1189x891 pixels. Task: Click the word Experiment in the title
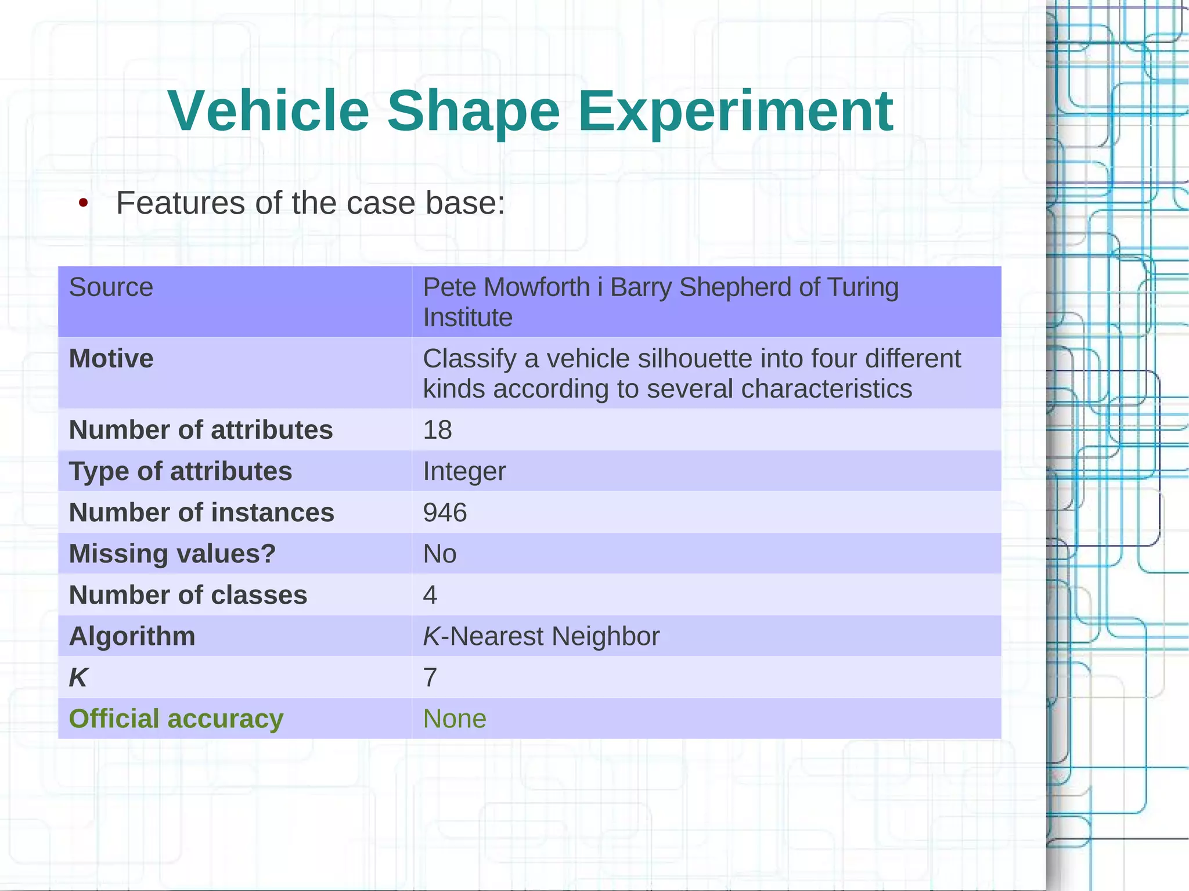tap(735, 111)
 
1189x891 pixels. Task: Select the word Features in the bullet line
tap(181, 203)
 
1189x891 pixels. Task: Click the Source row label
tap(111, 287)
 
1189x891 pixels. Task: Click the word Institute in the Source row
tap(467, 318)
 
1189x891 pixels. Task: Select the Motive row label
tap(111, 359)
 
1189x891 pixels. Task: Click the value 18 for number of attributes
tap(437, 430)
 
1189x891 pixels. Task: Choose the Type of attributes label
tap(180, 471)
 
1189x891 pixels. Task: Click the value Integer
tap(464, 471)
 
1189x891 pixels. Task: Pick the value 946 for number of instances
tap(445, 513)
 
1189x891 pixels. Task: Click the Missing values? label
tap(172, 554)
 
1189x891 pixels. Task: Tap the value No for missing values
tap(439, 554)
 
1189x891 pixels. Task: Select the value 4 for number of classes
tap(430, 595)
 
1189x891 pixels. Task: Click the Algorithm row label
tap(132, 636)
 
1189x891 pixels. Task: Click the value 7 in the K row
tap(430, 677)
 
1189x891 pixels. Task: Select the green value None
tap(455, 719)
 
